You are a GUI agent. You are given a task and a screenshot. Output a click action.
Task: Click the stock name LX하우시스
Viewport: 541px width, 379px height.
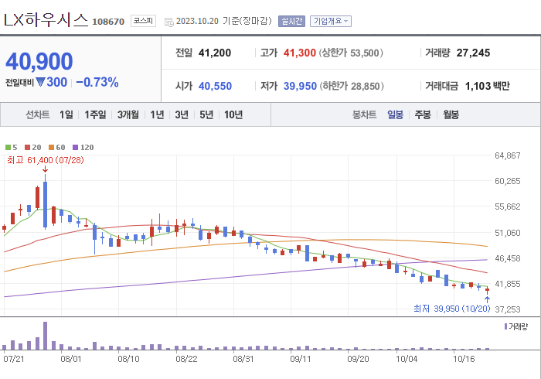pyautogui.click(x=46, y=21)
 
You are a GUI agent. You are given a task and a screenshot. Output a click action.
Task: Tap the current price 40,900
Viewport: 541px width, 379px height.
pyautogui.click(x=39, y=61)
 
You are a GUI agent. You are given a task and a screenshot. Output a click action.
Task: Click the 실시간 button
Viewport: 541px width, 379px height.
pyautogui.click(x=292, y=22)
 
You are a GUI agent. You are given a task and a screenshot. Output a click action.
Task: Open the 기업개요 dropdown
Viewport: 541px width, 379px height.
pyautogui.click(x=330, y=22)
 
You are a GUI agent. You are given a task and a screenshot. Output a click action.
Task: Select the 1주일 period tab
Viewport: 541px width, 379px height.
pyautogui.click(x=96, y=114)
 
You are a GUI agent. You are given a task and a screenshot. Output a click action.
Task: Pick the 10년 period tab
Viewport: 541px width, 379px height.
pyautogui.click(x=233, y=114)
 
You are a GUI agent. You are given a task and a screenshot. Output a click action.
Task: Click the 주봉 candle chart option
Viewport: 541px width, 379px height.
pyautogui.click(x=423, y=114)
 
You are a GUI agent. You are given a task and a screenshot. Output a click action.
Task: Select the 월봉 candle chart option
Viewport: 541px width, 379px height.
pyautogui.click(x=451, y=114)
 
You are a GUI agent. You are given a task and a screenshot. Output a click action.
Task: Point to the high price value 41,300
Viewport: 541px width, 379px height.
pyautogui.click(x=300, y=53)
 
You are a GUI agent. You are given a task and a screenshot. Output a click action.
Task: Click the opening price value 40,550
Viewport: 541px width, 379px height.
pyautogui.click(x=215, y=86)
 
